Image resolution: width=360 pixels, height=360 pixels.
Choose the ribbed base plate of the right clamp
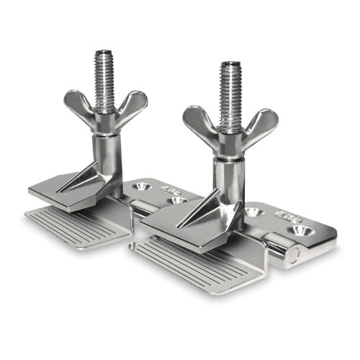(x=191, y=263)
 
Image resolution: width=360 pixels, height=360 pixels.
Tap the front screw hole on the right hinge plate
(x=299, y=230)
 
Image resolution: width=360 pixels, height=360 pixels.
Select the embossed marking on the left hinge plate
(x=171, y=190)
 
